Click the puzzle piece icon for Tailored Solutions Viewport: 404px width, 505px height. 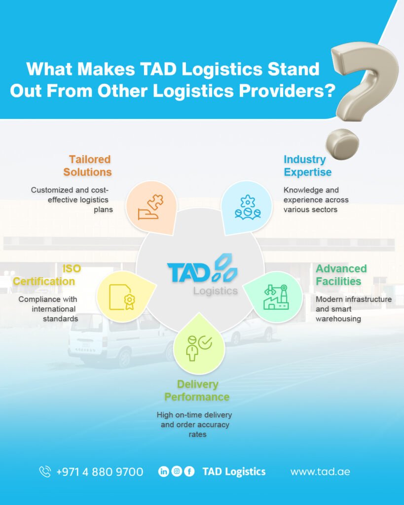[x=150, y=207]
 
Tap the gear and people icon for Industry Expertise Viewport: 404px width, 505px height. [x=248, y=208]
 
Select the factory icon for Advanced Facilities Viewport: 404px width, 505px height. [x=276, y=297]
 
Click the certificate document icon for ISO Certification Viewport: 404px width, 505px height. [x=122, y=297]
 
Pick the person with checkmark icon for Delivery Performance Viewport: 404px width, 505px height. [x=199, y=348]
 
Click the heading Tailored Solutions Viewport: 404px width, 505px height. [x=88, y=166]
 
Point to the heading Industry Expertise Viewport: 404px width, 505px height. [x=307, y=166]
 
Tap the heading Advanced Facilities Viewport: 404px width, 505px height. [x=341, y=275]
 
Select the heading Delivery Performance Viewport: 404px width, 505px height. [x=197, y=391]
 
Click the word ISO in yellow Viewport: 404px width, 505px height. [x=72, y=268]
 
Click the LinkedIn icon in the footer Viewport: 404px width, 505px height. [x=164, y=471]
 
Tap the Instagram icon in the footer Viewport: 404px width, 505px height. [x=177, y=471]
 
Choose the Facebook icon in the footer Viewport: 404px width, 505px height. [x=189, y=471]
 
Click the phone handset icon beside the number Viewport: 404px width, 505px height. [x=45, y=471]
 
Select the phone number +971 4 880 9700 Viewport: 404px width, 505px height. [x=100, y=472]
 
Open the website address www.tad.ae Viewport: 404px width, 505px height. [x=320, y=472]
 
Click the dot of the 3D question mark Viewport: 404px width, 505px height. [x=342, y=144]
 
